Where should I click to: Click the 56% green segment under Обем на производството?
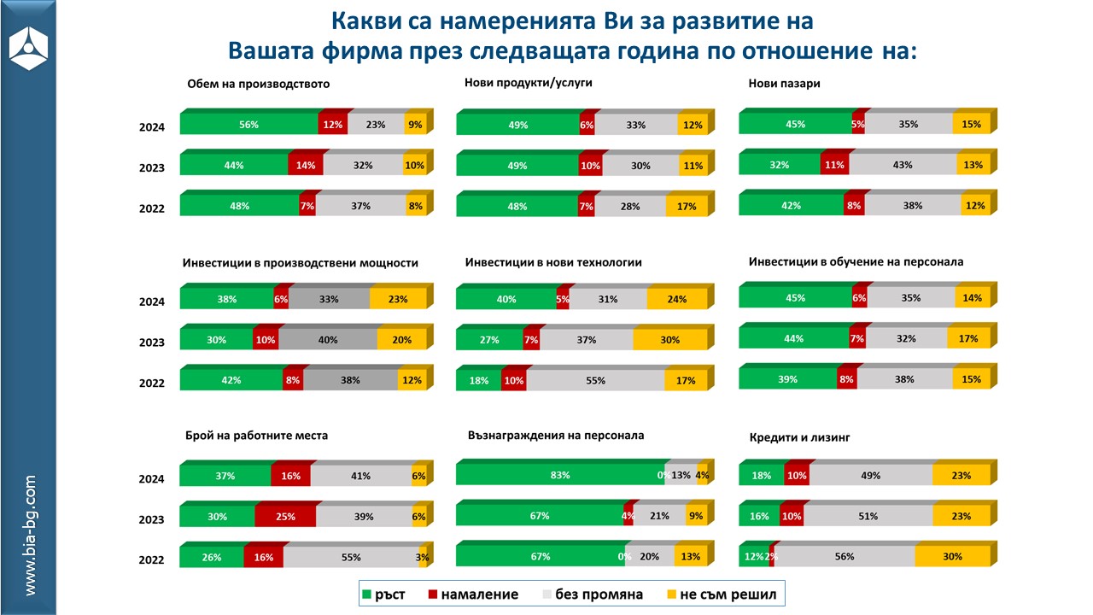(x=248, y=125)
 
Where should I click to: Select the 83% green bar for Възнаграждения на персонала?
(x=560, y=476)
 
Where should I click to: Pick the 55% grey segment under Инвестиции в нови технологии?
(x=595, y=381)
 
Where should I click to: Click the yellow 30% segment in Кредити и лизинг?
(x=952, y=557)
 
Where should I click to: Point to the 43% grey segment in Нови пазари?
(x=902, y=165)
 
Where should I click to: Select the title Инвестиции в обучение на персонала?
(x=856, y=261)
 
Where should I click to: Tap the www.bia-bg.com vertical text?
(x=30, y=536)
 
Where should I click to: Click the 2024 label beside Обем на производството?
(x=152, y=128)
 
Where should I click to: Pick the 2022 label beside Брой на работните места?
(x=152, y=560)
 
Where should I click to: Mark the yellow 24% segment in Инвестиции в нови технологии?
(x=676, y=300)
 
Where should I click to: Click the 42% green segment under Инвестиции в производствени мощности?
(x=231, y=381)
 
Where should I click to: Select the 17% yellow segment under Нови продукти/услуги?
(x=686, y=207)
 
